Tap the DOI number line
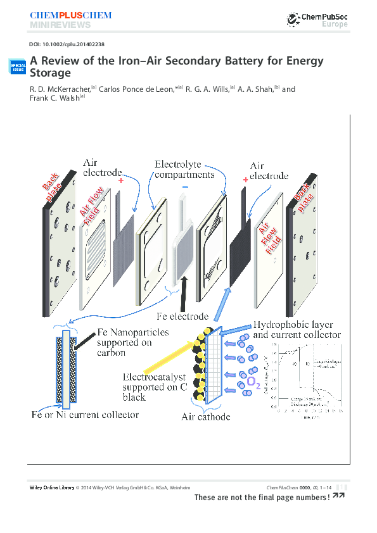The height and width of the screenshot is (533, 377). (x=67, y=45)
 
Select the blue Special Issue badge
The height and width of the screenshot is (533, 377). (x=17, y=66)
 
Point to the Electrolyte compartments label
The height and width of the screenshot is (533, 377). (x=184, y=169)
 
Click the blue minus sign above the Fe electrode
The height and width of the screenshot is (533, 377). (x=185, y=187)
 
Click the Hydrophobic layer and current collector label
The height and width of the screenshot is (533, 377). (x=297, y=329)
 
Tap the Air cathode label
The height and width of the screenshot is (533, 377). (x=205, y=417)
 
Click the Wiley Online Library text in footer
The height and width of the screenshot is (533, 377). (x=52, y=487)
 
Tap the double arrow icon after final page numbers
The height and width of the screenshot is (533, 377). (x=338, y=496)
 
